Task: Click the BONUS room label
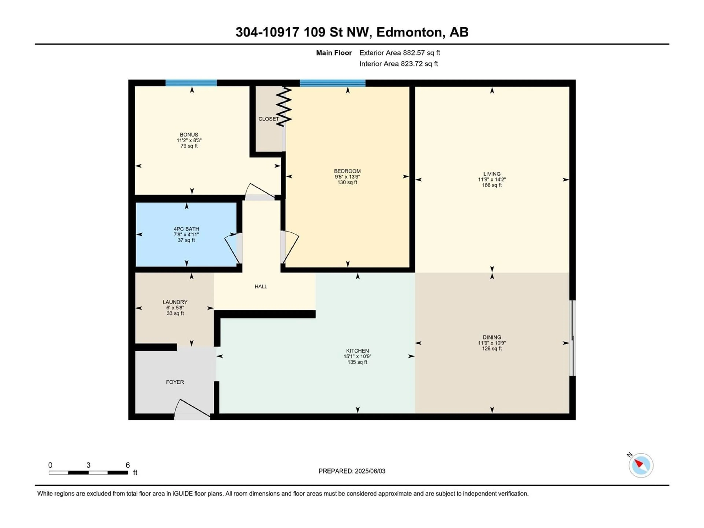point(189,135)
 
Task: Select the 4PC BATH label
point(186,229)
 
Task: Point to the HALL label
point(261,286)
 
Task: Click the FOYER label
point(175,382)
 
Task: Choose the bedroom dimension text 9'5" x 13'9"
point(347,177)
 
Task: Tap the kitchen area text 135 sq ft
point(357,362)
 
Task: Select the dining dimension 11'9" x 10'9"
point(492,343)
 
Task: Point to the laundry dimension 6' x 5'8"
point(175,308)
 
